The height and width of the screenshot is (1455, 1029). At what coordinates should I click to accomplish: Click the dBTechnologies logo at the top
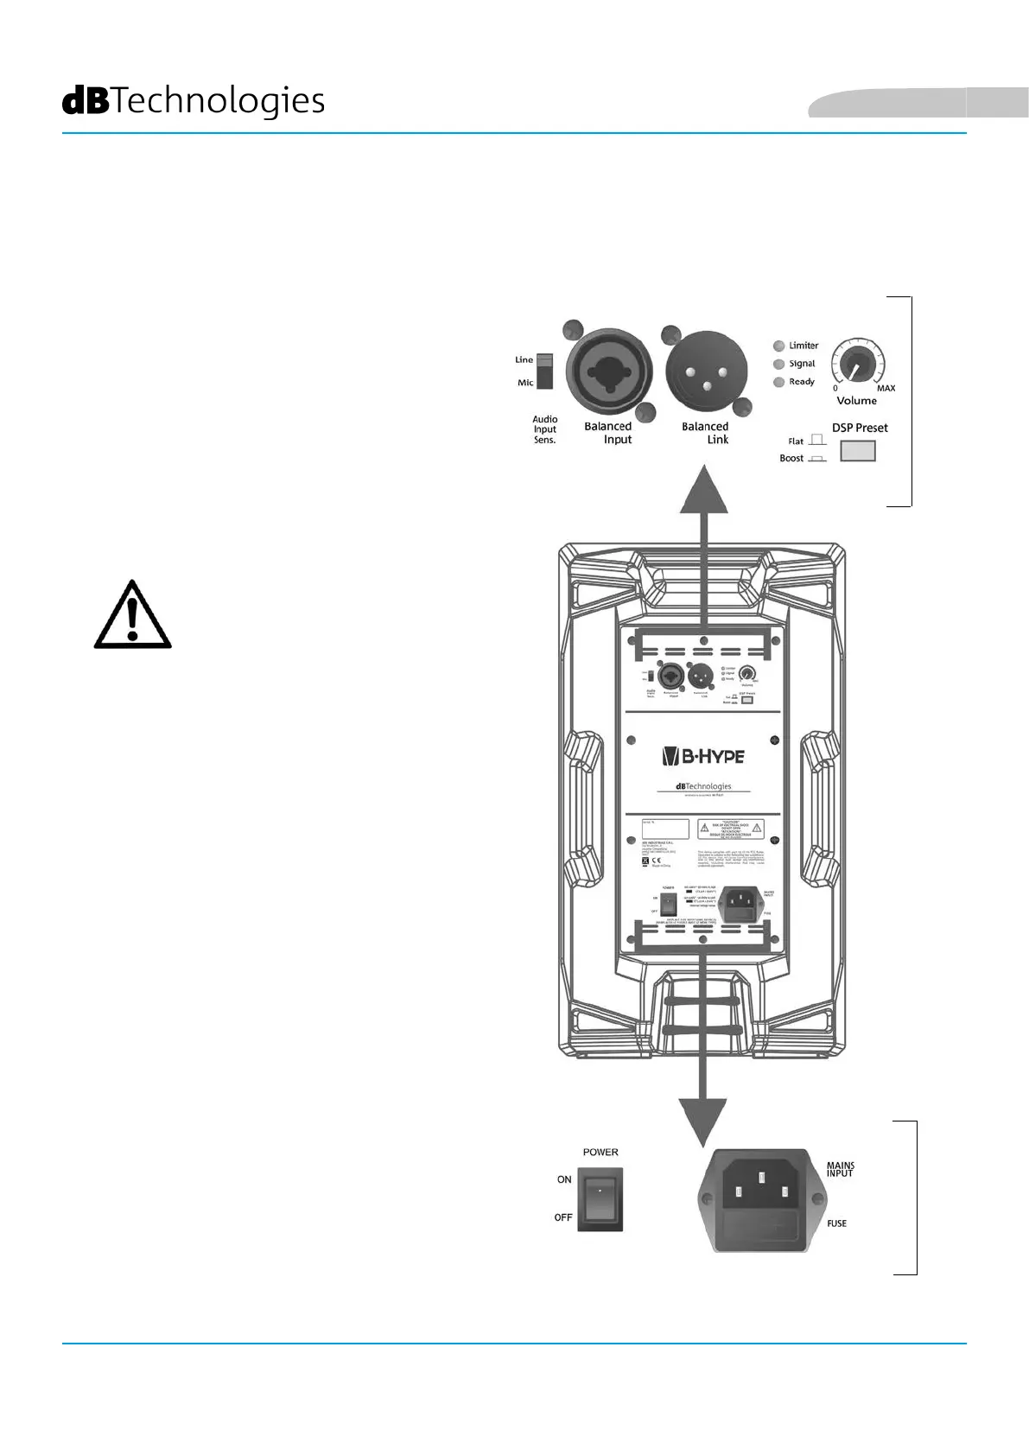coord(194,101)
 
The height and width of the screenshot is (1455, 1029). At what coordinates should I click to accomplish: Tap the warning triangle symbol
coord(132,615)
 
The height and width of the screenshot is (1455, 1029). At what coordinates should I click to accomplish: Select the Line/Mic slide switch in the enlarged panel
coord(544,371)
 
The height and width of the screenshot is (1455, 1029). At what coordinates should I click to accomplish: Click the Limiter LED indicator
coord(779,346)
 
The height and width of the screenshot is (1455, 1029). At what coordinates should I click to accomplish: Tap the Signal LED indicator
coord(779,364)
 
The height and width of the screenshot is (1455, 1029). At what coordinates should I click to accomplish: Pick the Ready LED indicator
coord(779,382)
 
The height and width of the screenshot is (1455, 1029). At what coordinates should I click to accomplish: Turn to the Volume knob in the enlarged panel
coord(856,366)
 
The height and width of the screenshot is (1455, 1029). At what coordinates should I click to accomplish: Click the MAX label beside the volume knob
coord(886,389)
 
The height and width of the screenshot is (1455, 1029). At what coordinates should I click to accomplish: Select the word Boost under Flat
coord(791,459)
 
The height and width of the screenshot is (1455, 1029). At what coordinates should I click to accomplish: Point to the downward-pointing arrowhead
coord(702,1121)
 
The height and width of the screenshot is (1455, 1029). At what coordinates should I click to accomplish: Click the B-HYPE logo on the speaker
coord(702,757)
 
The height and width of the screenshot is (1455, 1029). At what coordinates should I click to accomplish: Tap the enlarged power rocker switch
coord(600,1198)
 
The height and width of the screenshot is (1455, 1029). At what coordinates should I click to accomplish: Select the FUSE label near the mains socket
coord(836,1223)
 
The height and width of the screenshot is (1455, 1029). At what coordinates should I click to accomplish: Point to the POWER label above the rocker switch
coord(600,1153)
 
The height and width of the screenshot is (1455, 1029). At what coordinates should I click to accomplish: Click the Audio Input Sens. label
coord(544,429)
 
